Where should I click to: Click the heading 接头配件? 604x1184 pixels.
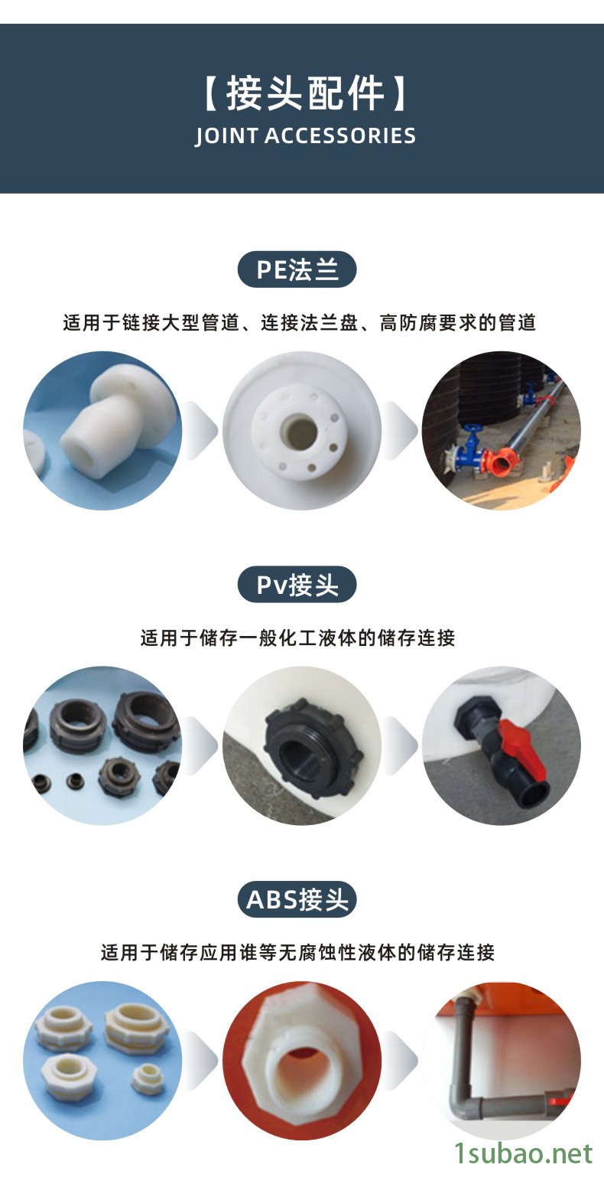pos(305,93)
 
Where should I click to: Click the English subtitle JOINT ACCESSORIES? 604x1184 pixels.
pos(305,135)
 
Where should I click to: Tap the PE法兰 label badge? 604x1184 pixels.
pos(297,269)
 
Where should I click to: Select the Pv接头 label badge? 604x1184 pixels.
pos(297,585)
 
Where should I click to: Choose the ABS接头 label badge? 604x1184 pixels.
pos(297,899)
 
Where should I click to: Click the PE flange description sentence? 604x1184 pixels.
pos(300,322)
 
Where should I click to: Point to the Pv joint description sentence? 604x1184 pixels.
pos(297,638)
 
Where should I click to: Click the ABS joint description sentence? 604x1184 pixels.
pos(297,952)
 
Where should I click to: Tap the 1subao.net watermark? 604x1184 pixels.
pos(523,1153)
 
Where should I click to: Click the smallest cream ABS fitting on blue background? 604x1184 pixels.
pos(148,1077)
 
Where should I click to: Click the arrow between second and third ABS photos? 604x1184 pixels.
pos(401,1060)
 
